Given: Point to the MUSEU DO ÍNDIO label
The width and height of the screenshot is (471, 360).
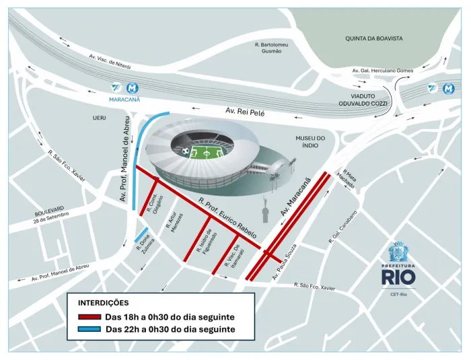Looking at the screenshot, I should click(310, 143).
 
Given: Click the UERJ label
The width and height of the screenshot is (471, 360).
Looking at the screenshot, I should click(100, 118).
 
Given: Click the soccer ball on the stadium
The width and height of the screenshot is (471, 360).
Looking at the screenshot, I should click(185, 150).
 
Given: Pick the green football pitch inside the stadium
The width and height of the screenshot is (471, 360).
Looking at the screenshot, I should click(209, 153).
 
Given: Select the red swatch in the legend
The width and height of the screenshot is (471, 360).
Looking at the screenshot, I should click(89, 316).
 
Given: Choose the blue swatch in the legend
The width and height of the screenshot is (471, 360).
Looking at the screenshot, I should click(89, 329).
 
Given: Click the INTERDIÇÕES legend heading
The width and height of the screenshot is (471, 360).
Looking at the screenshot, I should click(104, 303).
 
